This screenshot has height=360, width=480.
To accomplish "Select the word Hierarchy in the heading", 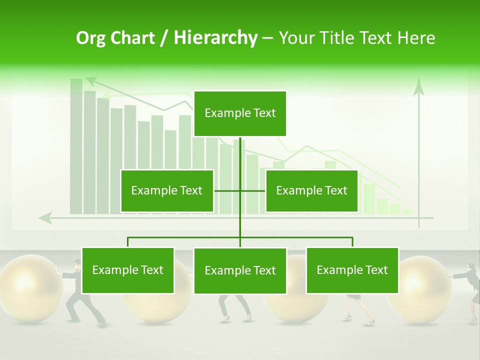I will coord(215,38).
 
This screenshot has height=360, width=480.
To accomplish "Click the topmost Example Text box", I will coord(240,113).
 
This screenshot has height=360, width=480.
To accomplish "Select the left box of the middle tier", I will coord(167,191).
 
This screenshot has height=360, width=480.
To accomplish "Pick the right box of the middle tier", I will coord(311,191).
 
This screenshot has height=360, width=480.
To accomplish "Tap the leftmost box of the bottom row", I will coord(128,270).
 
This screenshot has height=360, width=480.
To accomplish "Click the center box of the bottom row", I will coord(240,271).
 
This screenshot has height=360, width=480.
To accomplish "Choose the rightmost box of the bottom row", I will coord(352,270).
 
